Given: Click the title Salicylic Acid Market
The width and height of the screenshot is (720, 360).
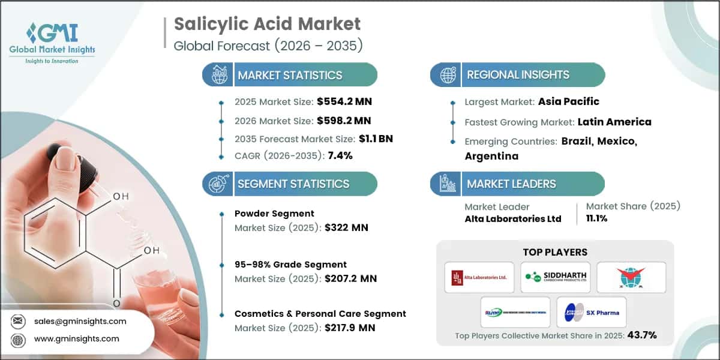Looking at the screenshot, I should [x=267, y=24].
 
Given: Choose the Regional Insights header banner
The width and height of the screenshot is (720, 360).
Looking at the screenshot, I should [x=518, y=75].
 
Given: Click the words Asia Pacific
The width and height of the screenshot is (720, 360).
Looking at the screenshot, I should [x=569, y=101].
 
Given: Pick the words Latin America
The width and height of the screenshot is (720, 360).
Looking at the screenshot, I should [x=614, y=122].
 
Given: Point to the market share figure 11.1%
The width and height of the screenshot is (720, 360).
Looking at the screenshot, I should [x=597, y=218].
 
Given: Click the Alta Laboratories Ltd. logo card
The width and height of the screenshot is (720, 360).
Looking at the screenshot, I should [x=479, y=277].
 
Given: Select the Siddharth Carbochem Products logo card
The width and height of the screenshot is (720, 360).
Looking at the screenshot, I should [x=555, y=277].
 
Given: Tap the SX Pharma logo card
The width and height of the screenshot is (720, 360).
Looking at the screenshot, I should [x=592, y=312].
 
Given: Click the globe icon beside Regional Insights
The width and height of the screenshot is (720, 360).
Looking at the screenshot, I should [x=448, y=75].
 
